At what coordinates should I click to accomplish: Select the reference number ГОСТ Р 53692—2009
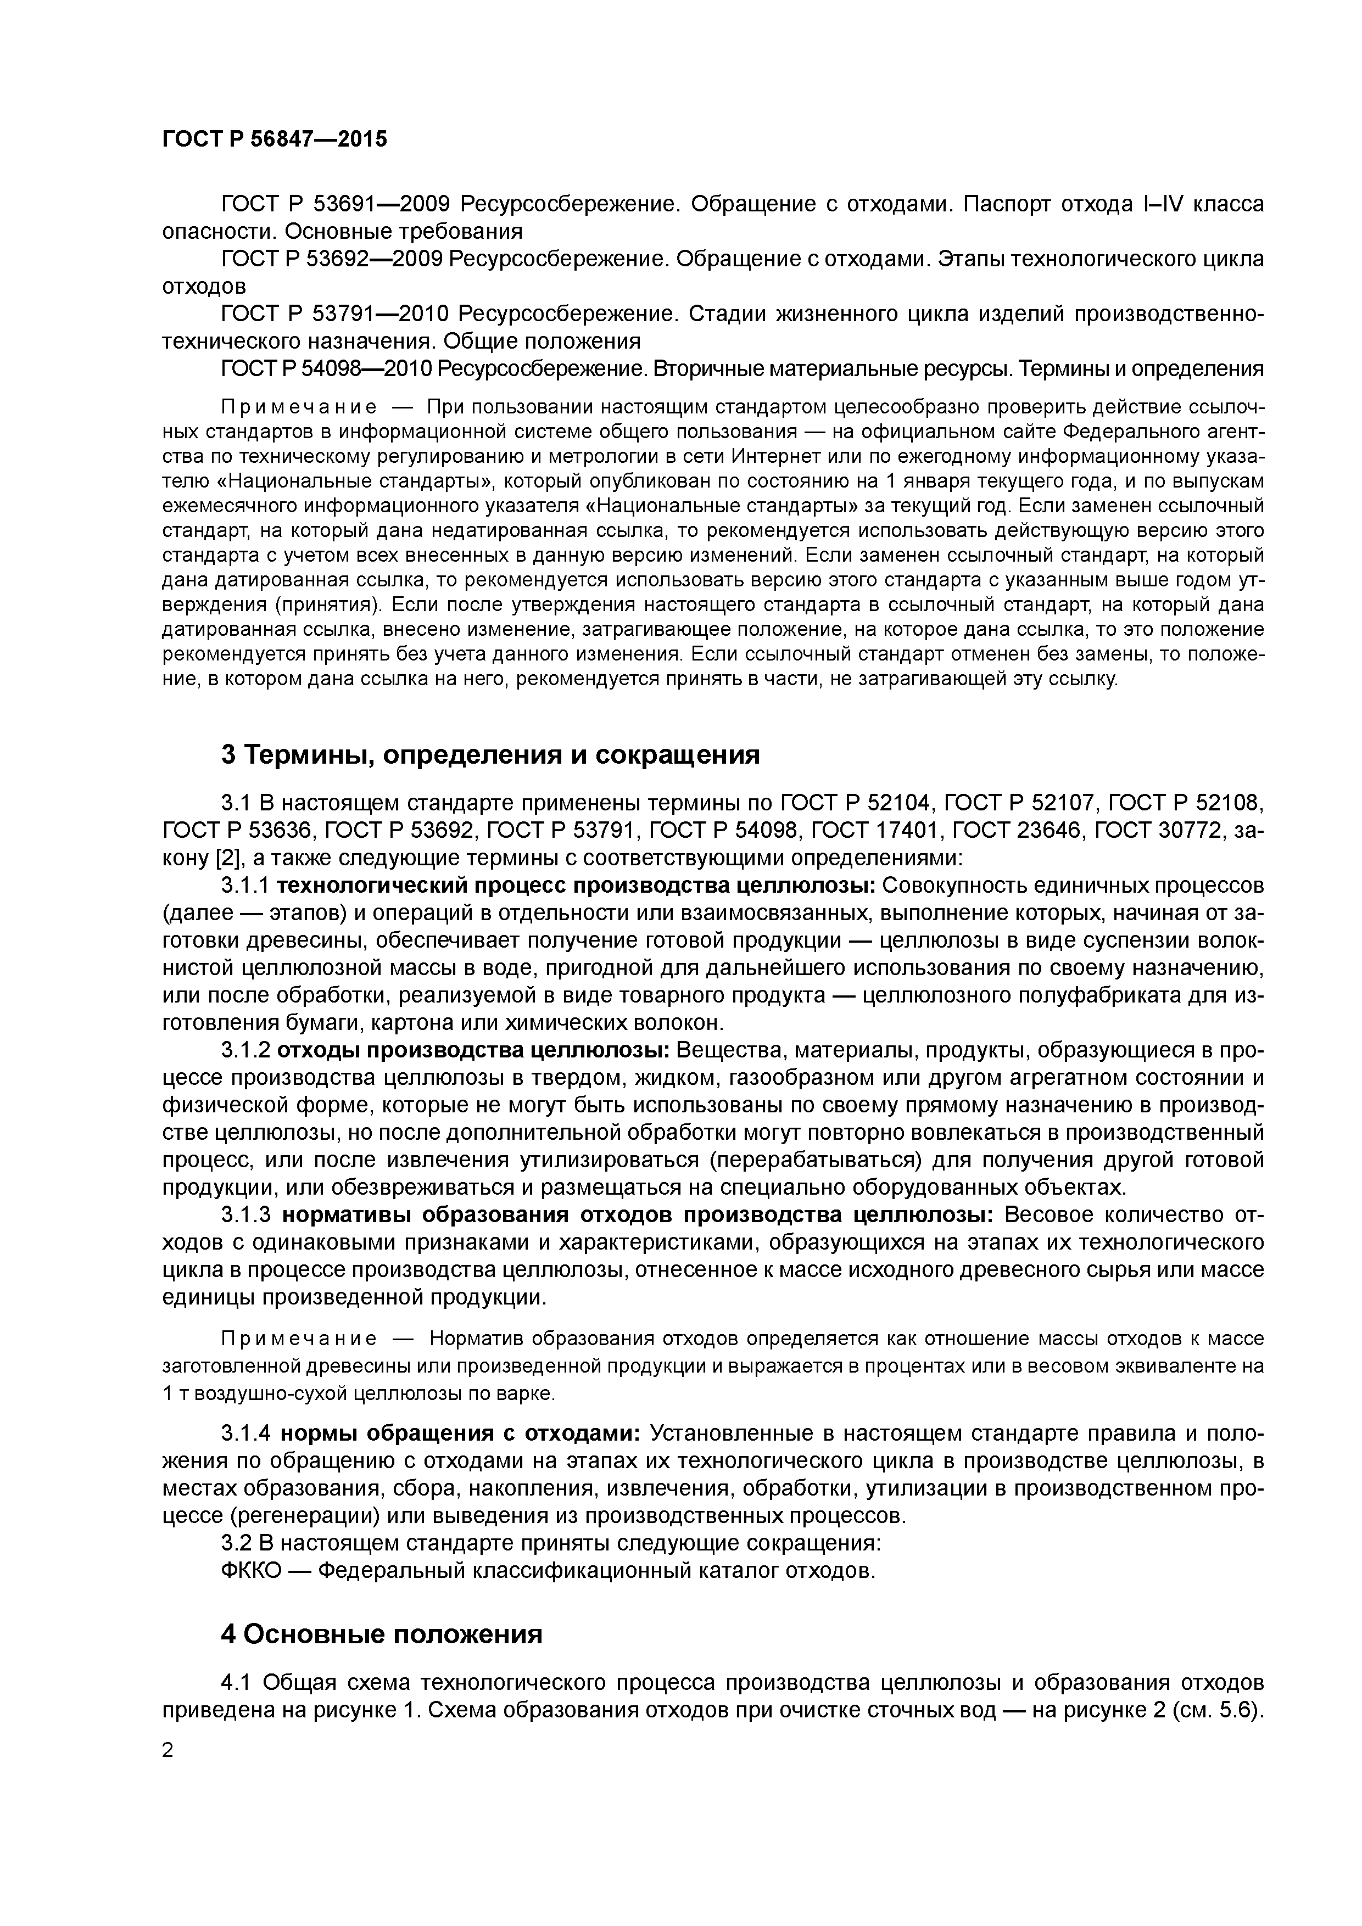point(332,259)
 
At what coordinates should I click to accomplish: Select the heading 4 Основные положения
point(382,1634)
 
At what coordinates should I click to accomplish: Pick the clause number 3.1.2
point(244,1051)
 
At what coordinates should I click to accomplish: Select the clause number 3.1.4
point(244,1434)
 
